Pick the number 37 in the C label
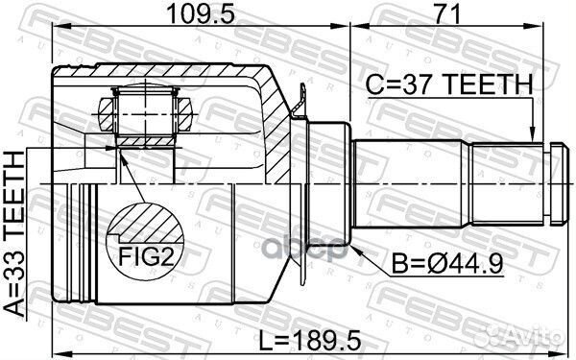[x=416, y=87]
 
